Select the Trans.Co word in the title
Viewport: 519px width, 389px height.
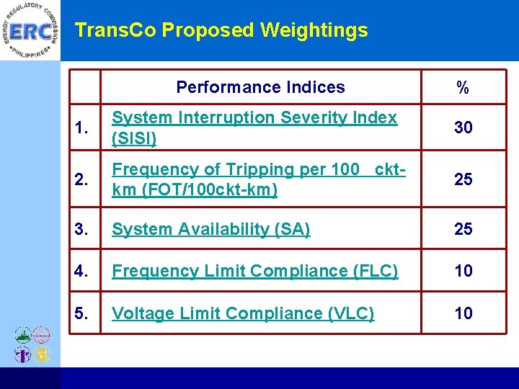click(x=116, y=30)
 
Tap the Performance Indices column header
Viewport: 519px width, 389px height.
click(x=260, y=87)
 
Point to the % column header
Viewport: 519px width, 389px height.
click(x=463, y=88)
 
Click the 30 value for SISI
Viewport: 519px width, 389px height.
click(x=463, y=128)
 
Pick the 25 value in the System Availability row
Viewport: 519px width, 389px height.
click(x=463, y=229)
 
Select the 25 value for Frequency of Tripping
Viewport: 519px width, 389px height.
click(x=463, y=179)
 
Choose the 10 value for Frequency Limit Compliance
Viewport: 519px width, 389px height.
click(x=463, y=271)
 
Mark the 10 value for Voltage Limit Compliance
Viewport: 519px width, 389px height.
click(x=463, y=313)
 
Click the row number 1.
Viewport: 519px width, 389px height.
click(x=82, y=129)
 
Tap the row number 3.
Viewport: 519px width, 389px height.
click(x=82, y=230)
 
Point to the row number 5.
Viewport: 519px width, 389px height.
click(x=82, y=313)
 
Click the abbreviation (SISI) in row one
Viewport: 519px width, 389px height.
click(x=134, y=138)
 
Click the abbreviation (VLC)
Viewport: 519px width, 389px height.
click(x=350, y=313)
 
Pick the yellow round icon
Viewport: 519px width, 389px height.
click(x=42, y=354)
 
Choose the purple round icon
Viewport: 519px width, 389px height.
click(x=22, y=354)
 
